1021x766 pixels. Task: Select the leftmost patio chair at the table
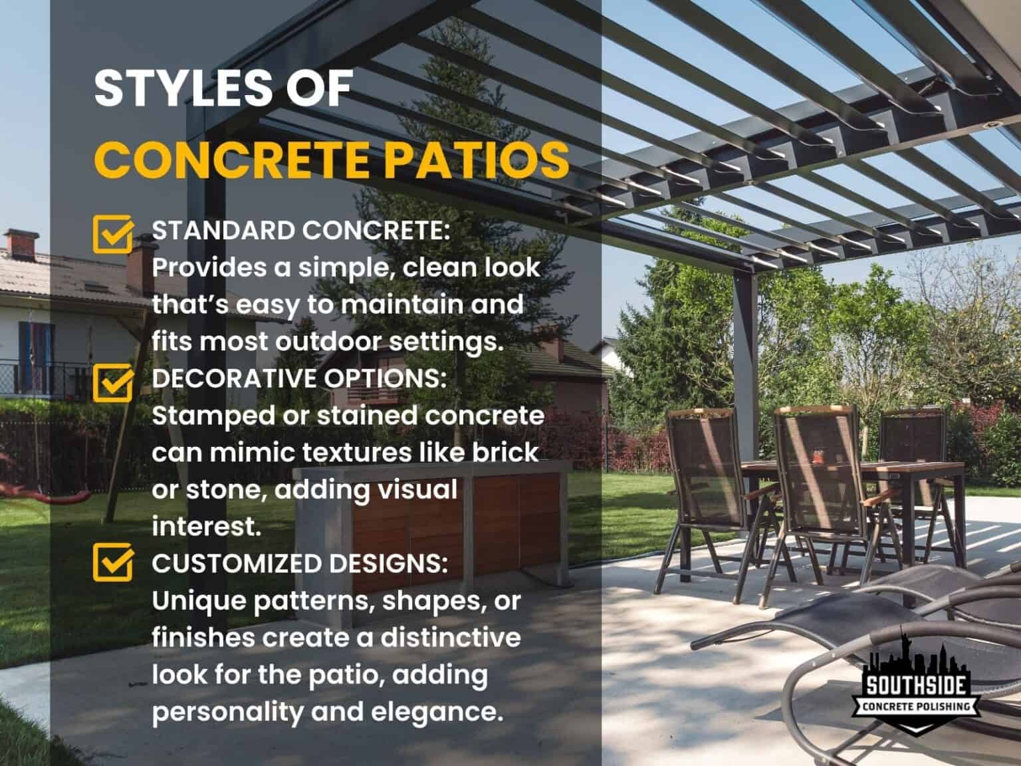pos(703,479)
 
